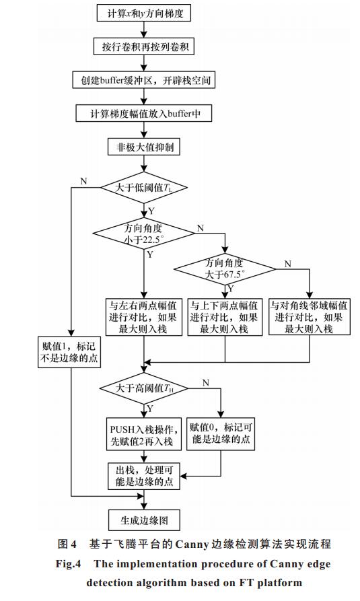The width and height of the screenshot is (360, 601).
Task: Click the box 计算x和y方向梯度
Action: [144, 14]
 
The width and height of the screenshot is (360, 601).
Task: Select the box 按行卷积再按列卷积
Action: [144, 46]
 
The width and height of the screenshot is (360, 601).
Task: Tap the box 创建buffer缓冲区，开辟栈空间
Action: [144, 80]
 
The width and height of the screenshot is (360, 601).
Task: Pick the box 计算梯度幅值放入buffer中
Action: [144, 114]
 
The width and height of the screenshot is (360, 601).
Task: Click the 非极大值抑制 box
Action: [144, 147]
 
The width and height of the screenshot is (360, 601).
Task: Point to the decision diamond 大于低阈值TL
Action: [144, 188]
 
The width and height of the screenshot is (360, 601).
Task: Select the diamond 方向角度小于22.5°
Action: [144, 234]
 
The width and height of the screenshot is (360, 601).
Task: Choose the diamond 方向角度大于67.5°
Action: [225, 269]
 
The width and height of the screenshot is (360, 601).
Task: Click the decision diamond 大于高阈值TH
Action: [144, 388]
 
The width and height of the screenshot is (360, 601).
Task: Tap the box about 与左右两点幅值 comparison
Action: [144, 317]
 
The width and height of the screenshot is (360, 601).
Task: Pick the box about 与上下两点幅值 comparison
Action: [225, 317]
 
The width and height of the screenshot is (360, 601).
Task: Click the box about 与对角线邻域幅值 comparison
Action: [310, 317]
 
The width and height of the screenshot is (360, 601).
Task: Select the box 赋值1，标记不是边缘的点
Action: [69, 352]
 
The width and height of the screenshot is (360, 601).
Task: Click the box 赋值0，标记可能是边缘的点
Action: [221, 433]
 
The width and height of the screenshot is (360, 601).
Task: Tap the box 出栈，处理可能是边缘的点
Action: [144, 476]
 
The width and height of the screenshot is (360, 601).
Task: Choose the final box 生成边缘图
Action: [144, 520]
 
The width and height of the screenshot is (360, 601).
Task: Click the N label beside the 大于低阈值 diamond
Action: [83, 181]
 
